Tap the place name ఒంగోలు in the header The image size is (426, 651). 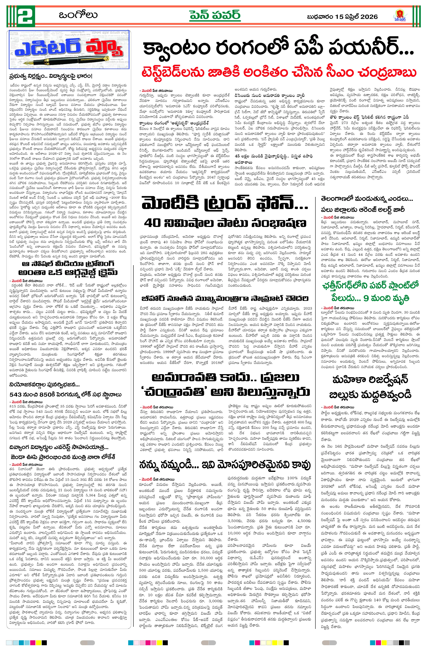click(x=78, y=15)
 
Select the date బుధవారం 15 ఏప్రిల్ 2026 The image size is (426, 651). click(x=342, y=17)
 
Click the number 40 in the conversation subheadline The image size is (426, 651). click(x=153, y=223)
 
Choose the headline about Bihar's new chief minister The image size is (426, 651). click(x=225, y=298)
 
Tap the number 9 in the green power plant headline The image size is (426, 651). click(x=366, y=298)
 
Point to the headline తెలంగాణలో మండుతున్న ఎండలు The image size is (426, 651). click(x=367, y=199)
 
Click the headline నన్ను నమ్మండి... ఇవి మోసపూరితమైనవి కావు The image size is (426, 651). click(x=225, y=465)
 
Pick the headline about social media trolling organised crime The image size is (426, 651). click(x=68, y=268)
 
